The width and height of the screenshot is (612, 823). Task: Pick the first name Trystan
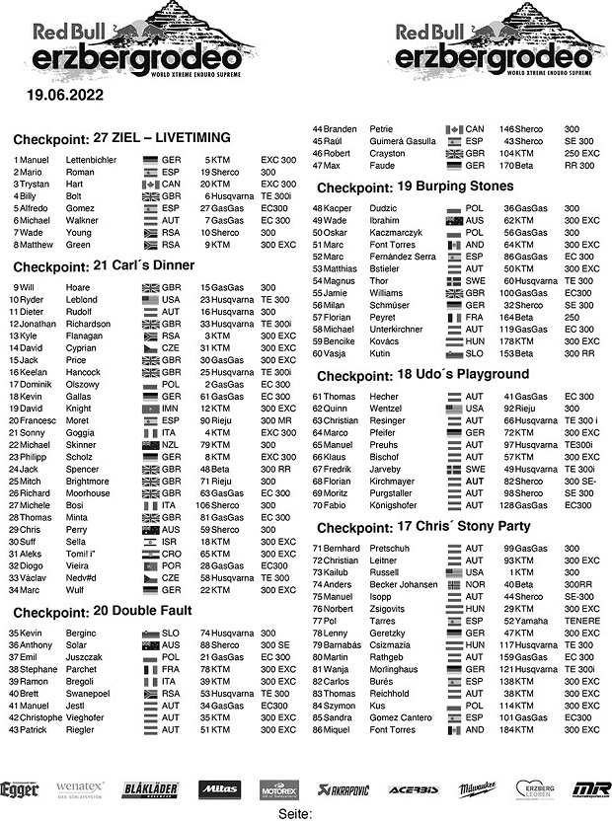pyautogui.click(x=36, y=184)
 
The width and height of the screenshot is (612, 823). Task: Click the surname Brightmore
pyautogui.click(x=92, y=480)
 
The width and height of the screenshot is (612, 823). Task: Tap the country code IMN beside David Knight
pyautogui.click(x=171, y=407)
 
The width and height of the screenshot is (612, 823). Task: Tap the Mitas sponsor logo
pyautogui.click(x=217, y=788)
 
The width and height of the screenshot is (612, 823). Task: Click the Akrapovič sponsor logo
pyautogui.click(x=349, y=789)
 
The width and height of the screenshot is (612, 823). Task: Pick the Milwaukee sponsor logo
pyautogui.click(x=478, y=789)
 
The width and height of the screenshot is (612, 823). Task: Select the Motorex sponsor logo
pyautogui.click(x=279, y=789)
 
